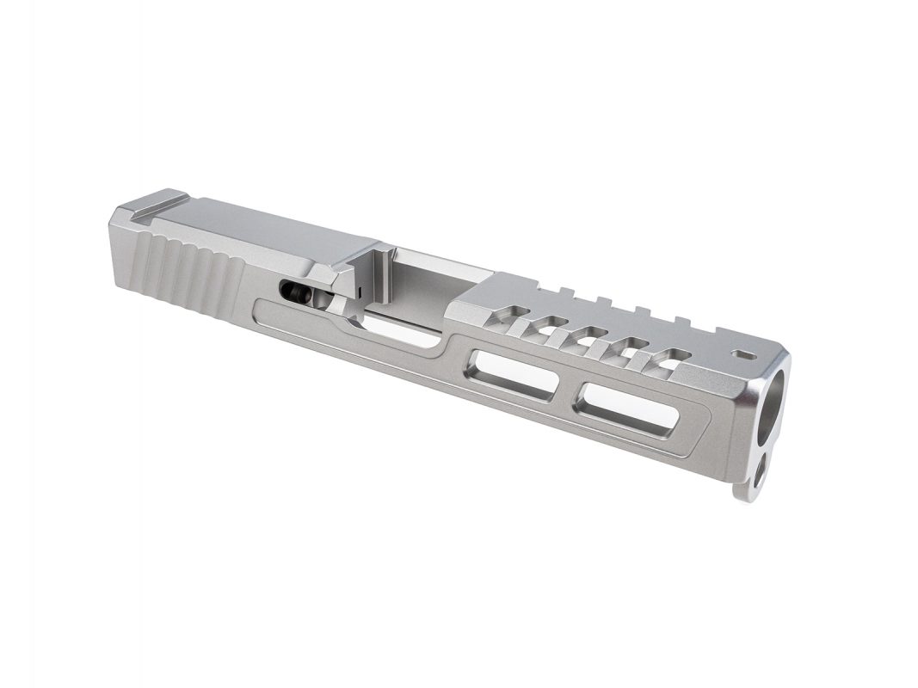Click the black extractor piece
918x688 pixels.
tap(294, 291)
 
